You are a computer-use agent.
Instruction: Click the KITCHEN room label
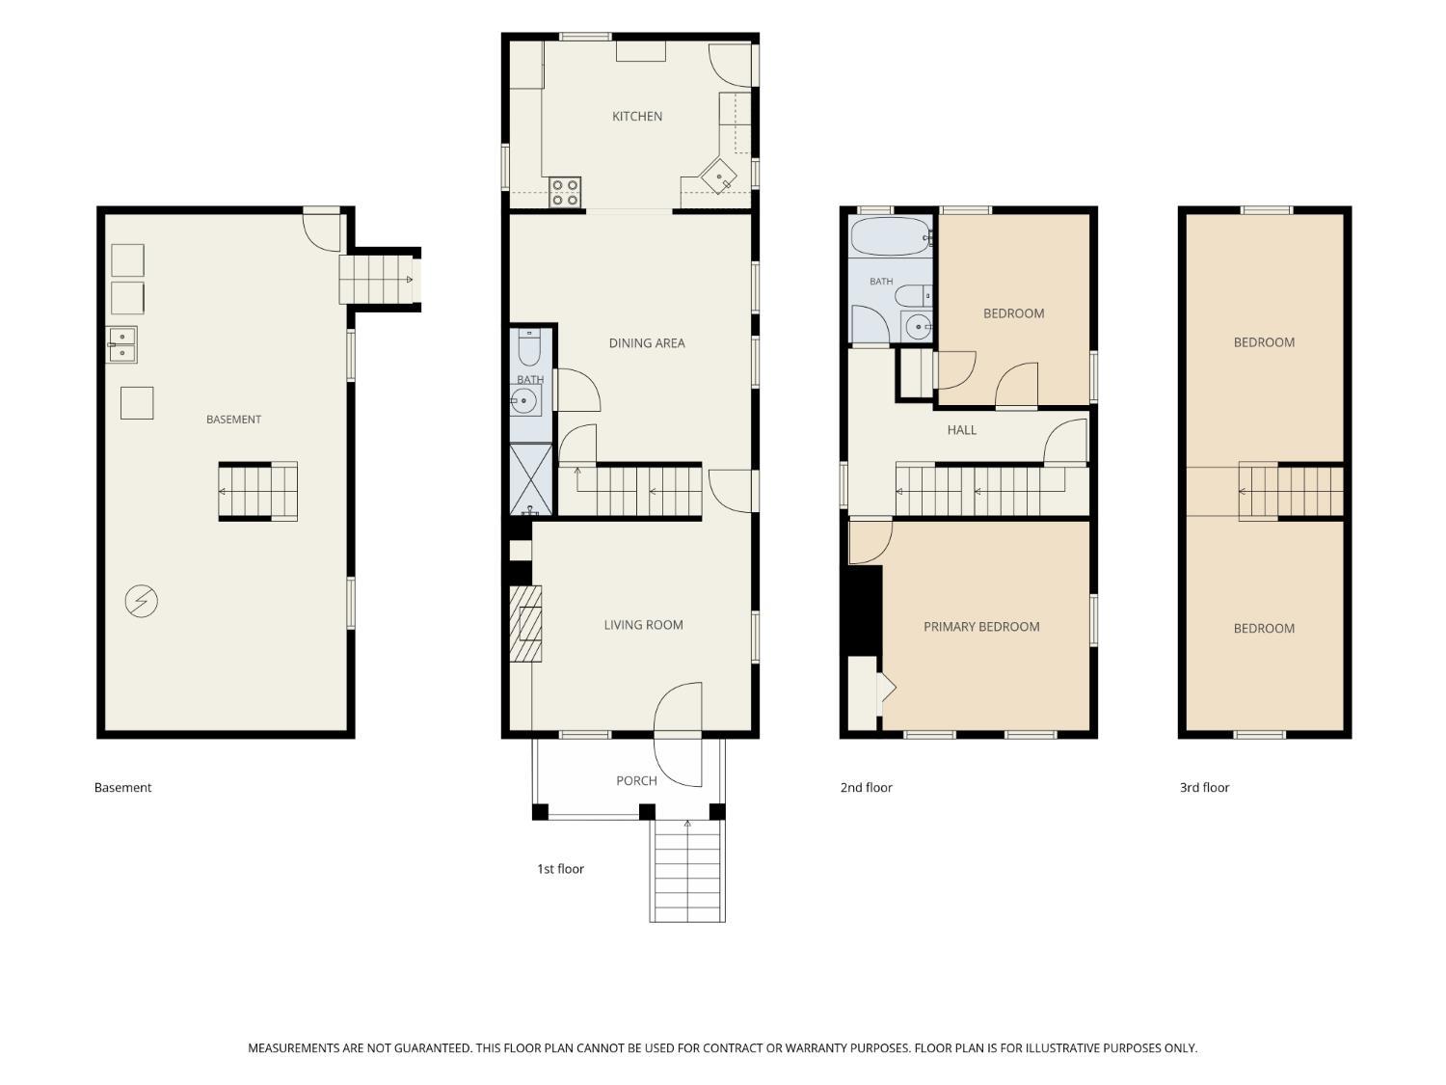(636, 117)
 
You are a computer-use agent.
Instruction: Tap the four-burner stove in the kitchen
(565, 192)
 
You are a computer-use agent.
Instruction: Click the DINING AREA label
(646, 342)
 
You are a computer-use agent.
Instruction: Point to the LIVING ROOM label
(643, 625)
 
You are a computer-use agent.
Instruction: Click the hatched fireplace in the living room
(525, 623)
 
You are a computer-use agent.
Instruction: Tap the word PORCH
(635, 780)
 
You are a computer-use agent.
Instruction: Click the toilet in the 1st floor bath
(529, 347)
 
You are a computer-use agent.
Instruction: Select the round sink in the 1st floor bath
(523, 400)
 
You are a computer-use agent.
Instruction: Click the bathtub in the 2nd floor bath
(890, 236)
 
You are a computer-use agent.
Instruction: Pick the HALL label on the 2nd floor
(961, 430)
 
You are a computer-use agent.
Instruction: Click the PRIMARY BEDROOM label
(981, 627)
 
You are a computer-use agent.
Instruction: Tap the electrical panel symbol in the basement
(141, 601)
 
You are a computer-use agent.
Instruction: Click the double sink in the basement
(121, 344)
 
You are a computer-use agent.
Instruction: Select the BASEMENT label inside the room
(233, 419)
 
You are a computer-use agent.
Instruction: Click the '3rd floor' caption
(1204, 787)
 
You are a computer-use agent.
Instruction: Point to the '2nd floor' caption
(866, 787)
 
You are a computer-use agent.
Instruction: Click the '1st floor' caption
(560, 869)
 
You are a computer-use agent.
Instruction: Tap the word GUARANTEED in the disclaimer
(436, 1047)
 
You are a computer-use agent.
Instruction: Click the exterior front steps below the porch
(687, 871)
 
